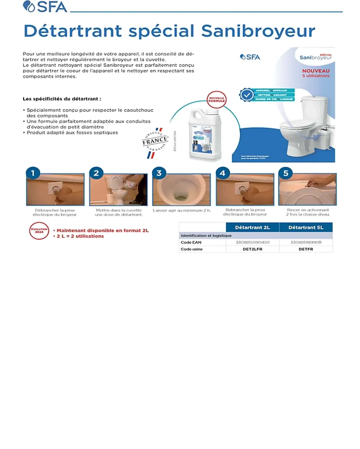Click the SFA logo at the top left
[45, 7]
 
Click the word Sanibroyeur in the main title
[258, 31]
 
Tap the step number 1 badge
[33, 173]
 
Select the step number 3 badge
[159, 173]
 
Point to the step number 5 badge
[285, 173]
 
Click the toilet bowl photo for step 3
[181, 190]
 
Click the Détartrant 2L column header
[252, 227]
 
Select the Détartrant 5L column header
[306, 227]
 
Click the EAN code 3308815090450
[252, 242]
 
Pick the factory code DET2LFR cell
[252, 249]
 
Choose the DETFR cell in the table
[306, 249]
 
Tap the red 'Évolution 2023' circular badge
[39, 231]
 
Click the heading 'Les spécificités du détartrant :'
[62, 99]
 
